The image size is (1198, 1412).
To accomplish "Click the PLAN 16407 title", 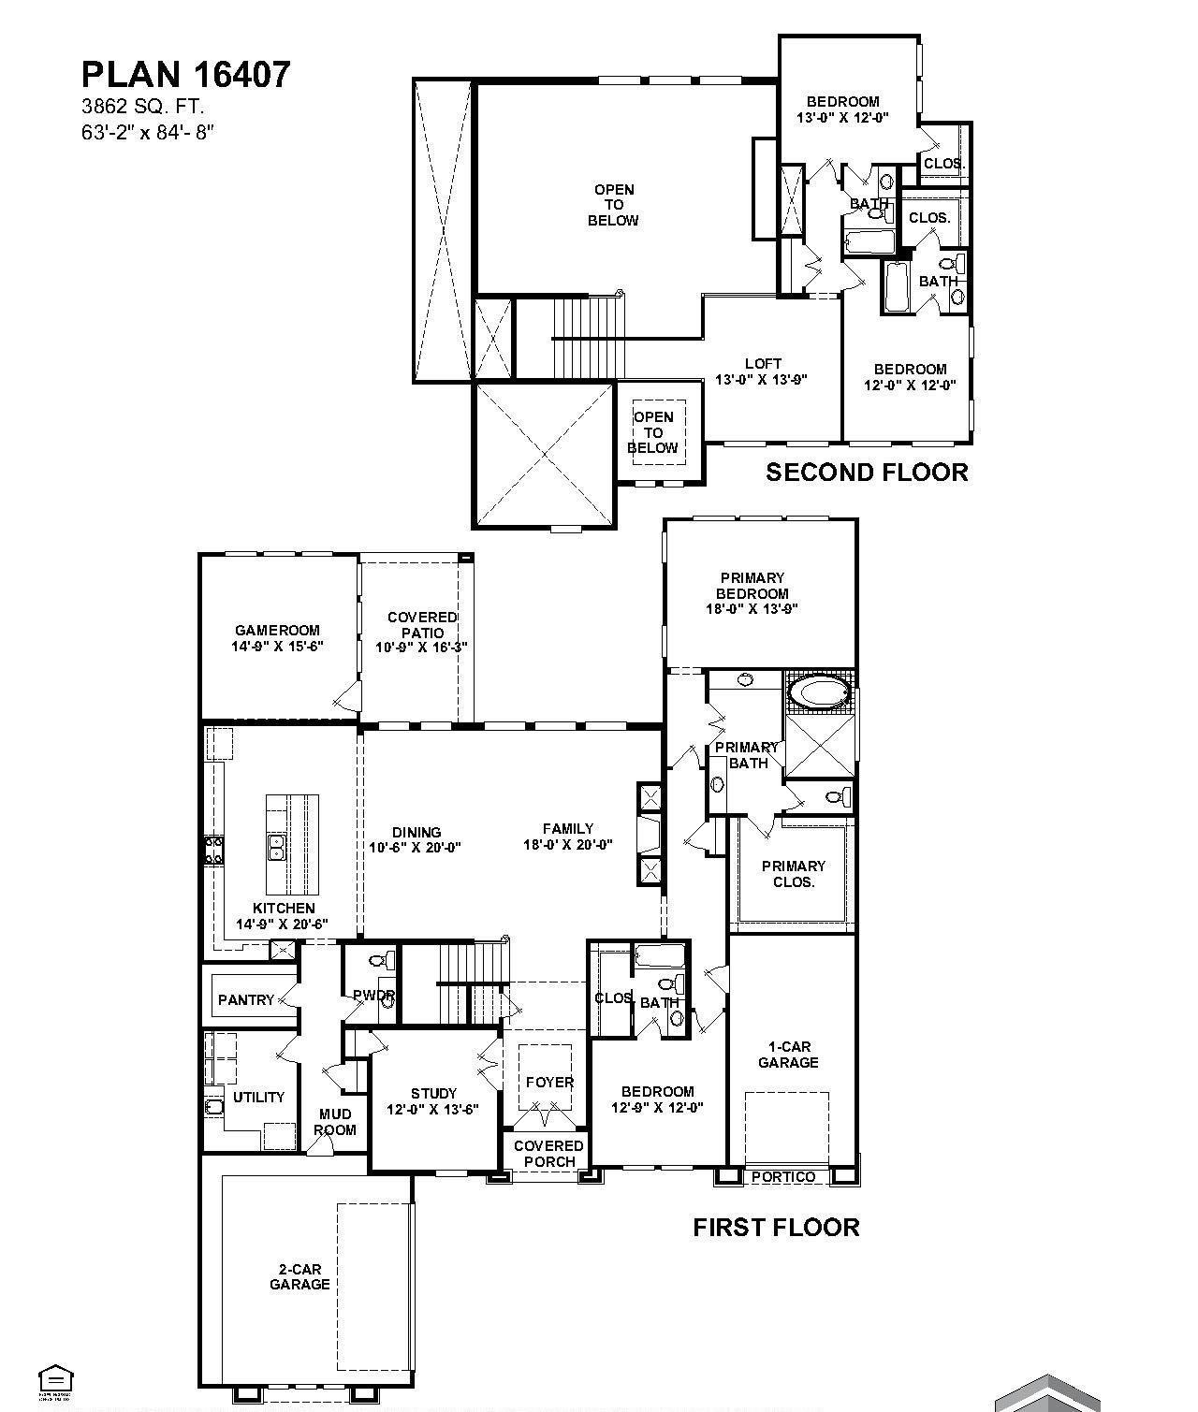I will pyautogui.click(x=186, y=75).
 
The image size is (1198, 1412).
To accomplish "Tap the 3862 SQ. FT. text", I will pyautogui.click(x=142, y=108).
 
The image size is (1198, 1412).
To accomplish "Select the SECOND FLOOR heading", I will pyautogui.click(x=867, y=473).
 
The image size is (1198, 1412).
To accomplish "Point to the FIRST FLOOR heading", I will pyautogui.click(x=776, y=1227).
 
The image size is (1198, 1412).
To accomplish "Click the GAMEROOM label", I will pyautogui.click(x=277, y=638).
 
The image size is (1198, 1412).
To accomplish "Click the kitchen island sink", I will pyautogui.click(x=277, y=848).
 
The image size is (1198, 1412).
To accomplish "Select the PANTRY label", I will pyautogui.click(x=246, y=1000).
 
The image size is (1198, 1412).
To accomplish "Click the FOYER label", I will pyautogui.click(x=549, y=1082).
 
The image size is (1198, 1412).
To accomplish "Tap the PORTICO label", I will pyautogui.click(x=783, y=1177).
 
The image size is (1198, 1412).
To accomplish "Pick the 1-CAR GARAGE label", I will pyautogui.click(x=788, y=1055).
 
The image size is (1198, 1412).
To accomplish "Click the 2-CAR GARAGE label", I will pyautogui.click(x=299, y=1277).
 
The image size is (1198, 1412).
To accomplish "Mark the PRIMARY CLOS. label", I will pyautogui.click(x=793, y=874).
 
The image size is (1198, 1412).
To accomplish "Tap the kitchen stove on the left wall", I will pyautogui.click(x=213, y=850).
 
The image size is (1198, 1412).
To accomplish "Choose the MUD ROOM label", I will pyautogui.click(x=334, y=1121).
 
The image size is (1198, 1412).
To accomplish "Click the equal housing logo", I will pyautogui.click(x=55, y=1379).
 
